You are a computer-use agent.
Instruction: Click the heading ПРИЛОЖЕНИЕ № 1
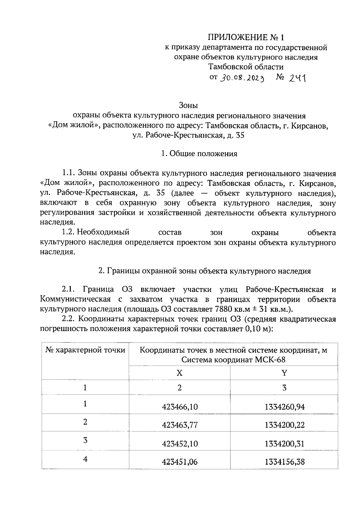point(246,37)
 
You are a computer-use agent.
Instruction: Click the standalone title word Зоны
point(188,106)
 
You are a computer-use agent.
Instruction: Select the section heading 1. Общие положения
point(199,154)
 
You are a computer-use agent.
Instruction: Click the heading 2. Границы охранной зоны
point(205,271)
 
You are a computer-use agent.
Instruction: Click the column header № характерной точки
point(85,350)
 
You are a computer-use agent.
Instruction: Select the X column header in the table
point(179,373)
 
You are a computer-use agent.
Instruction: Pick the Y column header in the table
point(284,373)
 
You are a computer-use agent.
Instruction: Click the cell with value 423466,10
point(180,407)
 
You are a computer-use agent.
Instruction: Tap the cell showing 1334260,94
point(285,407)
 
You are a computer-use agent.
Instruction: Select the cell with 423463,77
point(180,425)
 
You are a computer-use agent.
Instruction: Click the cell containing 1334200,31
point(285,444)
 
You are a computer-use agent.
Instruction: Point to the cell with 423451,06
point(180,462)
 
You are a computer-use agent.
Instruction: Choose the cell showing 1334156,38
point(285,462)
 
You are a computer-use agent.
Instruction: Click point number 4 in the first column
point(85,459)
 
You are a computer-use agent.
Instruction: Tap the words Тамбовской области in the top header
point(246,67)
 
